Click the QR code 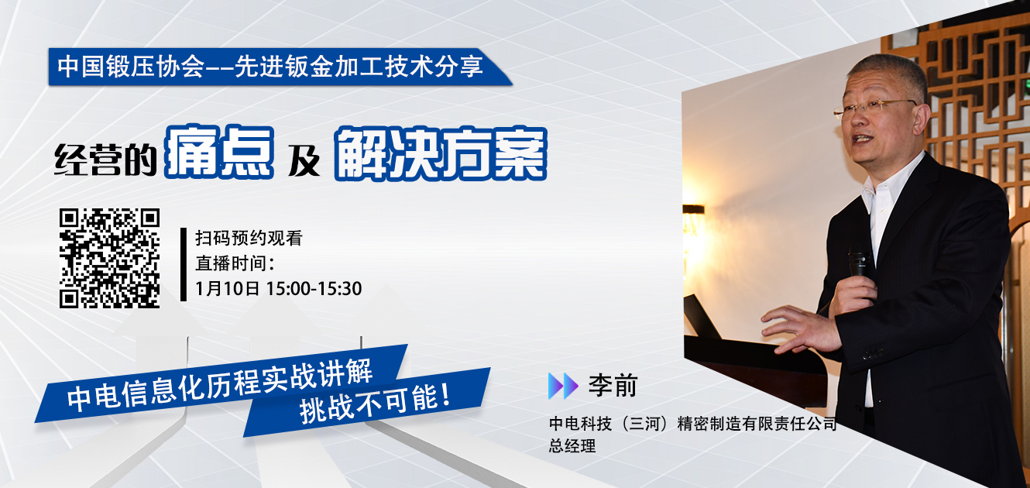109,258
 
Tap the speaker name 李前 613,386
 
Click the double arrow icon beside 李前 563,386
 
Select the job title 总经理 572,445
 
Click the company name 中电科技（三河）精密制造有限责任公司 692,423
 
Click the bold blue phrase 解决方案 441,153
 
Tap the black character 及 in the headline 304,161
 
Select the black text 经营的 105,160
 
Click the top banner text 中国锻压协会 131,67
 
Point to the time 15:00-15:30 314,288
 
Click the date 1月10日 227,288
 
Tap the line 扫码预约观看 249,238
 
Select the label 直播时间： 235,263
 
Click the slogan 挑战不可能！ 375,403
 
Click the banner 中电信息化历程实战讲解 220,384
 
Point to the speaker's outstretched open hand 800,328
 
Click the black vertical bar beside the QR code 184,264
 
